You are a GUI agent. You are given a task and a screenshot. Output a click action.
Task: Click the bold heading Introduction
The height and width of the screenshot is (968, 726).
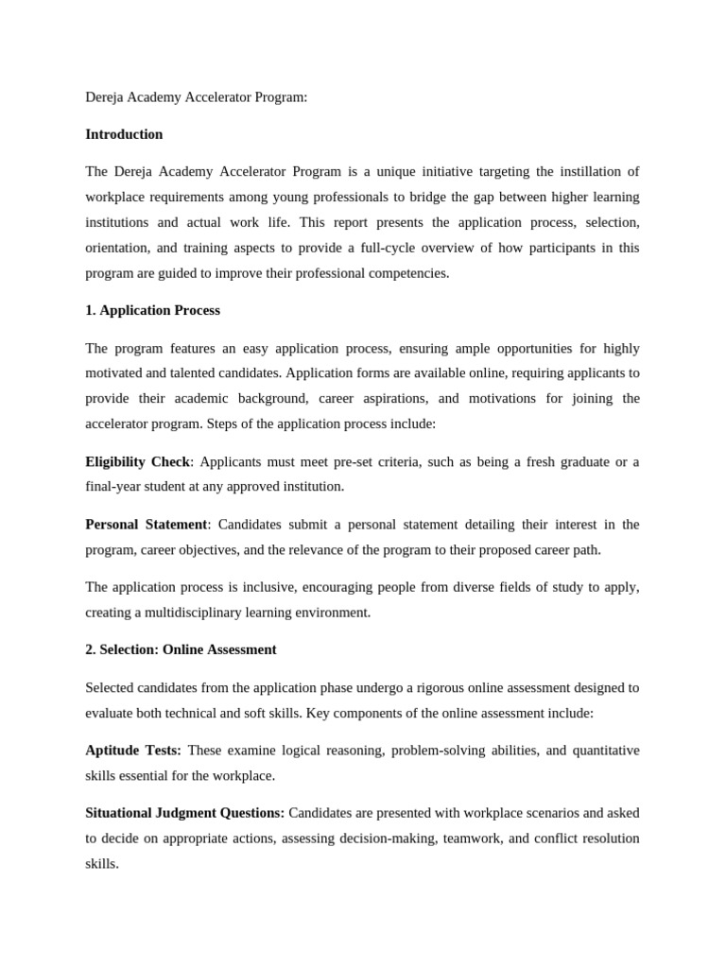tap(124, 134)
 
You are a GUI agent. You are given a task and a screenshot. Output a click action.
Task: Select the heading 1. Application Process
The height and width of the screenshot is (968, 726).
tap(152, 310)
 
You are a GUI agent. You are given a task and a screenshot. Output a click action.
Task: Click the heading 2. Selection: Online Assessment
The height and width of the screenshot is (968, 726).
tap(181, 649)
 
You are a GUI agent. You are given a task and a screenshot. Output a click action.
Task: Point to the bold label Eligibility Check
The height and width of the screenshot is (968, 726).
tap(138, 461)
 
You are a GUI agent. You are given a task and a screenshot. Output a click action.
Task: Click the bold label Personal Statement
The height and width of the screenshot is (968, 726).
tap(147, 524)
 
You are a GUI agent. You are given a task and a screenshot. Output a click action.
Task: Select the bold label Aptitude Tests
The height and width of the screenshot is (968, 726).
tap(133, 750)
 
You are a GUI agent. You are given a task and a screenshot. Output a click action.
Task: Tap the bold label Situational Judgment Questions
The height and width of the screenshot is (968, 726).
tap(184, 812)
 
